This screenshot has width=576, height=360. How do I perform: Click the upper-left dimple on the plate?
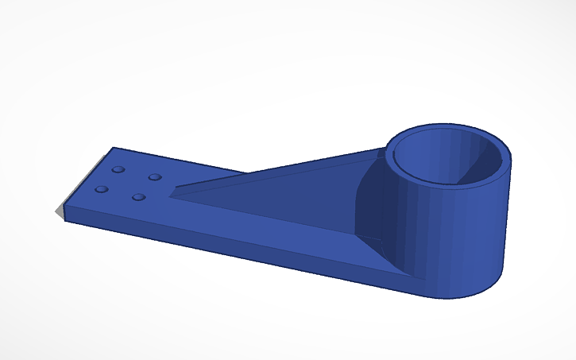coord(118,170)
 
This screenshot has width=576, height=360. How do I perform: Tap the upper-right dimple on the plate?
coord(155,176)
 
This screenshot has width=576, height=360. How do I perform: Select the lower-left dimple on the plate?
coord(102,189)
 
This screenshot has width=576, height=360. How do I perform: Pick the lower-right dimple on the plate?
coord(139,196)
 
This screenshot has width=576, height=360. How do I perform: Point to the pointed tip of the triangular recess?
coord(174,190)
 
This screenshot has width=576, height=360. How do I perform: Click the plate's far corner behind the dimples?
coord(114,148)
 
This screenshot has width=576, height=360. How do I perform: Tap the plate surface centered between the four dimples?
coord(129,183)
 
